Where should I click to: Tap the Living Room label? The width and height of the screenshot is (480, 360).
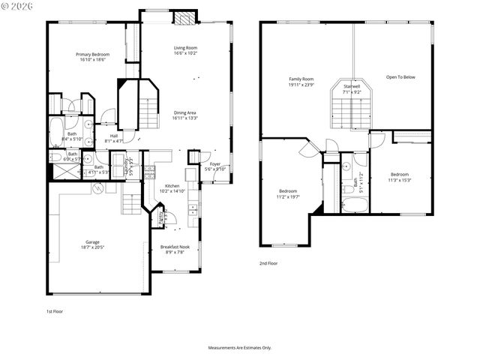[x=185, y=48]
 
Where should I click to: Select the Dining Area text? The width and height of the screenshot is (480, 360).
[x=184, y=112]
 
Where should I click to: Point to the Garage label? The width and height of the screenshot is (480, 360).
[x=92, y=242]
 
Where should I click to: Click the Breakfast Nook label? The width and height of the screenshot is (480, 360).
[x=175, y=247]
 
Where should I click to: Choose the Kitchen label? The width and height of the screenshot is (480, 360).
[x=172, y=186]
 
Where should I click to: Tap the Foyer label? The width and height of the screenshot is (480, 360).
[x=215, y=163]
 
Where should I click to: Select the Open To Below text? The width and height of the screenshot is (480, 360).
[x=400, y=77]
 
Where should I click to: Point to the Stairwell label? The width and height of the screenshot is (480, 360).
[x=352, y=87]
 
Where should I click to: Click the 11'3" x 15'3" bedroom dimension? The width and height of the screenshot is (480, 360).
[x=399, y=180]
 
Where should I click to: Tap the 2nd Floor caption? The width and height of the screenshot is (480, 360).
[x=268, y=264]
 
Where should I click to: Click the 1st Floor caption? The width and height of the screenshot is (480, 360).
[x=55, y=310]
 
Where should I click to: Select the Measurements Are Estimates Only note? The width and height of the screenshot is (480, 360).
[x=240, y=347]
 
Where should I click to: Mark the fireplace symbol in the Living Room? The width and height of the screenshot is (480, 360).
[x=184, y=19]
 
